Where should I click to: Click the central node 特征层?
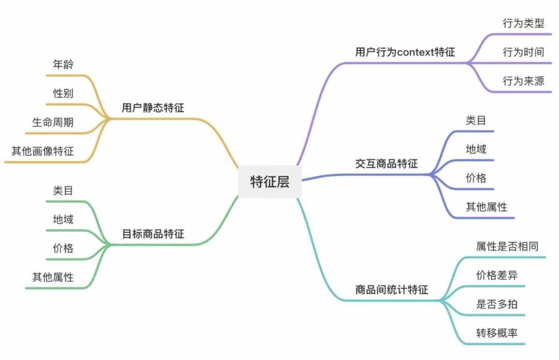[x=269, y=182]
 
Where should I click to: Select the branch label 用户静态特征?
[x=153, y=108]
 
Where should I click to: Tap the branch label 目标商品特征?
[x=153, y=234]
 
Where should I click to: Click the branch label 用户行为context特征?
[x=405, y=52]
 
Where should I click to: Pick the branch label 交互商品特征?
[x=386, y=164]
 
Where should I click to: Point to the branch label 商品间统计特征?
[x=391, y=290]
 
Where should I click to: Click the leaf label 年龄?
[x=63, y=65]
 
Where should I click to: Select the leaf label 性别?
[x=63, y=94]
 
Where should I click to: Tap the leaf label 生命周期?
[x=53, y=123]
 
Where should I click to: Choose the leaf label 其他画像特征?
[x=42, y=151]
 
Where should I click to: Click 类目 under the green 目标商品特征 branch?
[x=63, y=190]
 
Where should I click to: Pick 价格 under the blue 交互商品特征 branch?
[x=476, y=178]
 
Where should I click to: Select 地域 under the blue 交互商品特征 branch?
[x=476, y=149]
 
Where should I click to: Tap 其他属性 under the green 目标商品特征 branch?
[x=53, y=277]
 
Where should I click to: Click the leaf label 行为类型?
[x=523, y=23]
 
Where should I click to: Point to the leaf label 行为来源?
[x=523, y=81]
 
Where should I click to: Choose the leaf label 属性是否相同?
[x=507, y=246]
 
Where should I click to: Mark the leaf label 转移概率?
[x=497, y=333]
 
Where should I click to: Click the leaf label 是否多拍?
[x=497, y=304]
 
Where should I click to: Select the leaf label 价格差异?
[x=497, y=275]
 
